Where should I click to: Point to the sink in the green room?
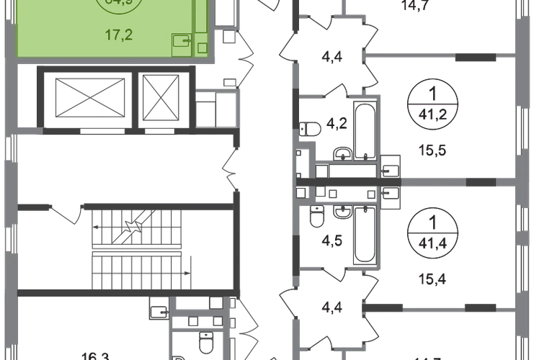click(x=182, y=44)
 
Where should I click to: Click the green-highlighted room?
click(x=108, y=29)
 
